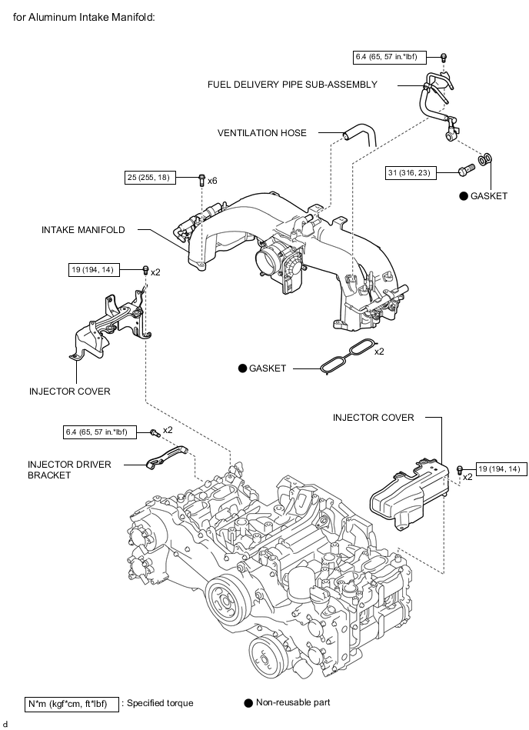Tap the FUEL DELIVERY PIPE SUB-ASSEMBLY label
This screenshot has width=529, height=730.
click(x=292, y=85)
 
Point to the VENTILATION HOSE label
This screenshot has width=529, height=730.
click(x=262, y=132)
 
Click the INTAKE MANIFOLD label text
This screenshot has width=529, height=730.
click(x=83, y=229)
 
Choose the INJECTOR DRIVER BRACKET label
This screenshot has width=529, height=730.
click(x=69, y=470)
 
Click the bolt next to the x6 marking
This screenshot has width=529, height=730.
click(x=201, y=179)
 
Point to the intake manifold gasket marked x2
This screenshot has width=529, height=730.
click(x=347, y=356)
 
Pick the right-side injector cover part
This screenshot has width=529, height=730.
click(x=409, y=495)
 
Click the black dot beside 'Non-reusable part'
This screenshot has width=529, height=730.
click(x=248, y=702)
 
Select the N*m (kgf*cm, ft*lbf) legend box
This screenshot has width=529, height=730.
click(x=72, y=704)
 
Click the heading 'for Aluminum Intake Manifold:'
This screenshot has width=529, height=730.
click(x=84, y=17)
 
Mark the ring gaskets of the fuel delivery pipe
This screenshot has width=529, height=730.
click(x=485, y=159)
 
